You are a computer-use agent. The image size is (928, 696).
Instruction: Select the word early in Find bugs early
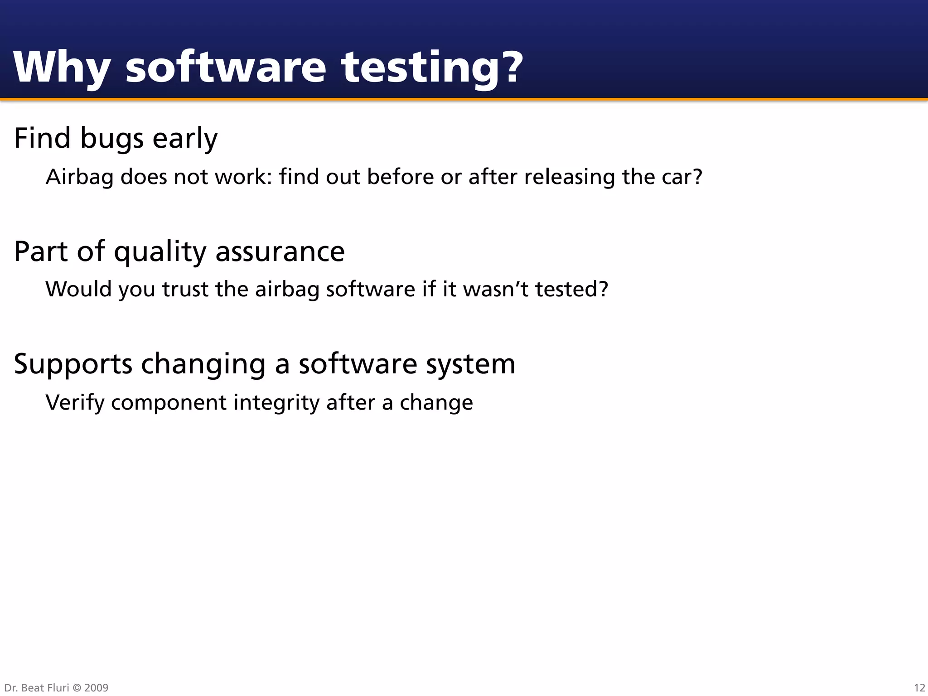[184, 138]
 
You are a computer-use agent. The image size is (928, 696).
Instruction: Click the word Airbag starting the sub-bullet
[79, 177]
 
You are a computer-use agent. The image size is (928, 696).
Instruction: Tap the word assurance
[280, 251]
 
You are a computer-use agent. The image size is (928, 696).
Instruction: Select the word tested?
[571, 289]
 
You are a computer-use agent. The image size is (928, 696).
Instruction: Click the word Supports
[73, 364]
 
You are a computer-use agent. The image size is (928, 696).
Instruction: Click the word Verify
[75, 403]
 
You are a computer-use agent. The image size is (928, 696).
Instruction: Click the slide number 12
[919, 688]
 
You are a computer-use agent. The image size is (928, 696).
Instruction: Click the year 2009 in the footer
[96, 688]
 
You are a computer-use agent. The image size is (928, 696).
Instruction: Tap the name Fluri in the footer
[58, 688]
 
